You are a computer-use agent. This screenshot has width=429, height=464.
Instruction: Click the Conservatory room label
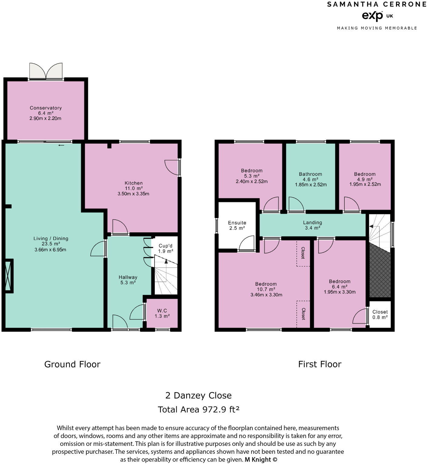coord(46,108)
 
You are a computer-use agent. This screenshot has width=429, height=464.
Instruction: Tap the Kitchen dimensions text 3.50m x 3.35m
coord(133,194)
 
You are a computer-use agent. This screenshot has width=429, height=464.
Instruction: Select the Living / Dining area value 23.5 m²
coord(51,244)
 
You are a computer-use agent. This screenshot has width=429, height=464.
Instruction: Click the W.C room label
coord(162,311)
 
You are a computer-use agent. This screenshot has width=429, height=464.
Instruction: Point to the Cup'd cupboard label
coord(165,246)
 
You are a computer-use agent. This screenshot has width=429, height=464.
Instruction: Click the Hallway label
coord(128,277)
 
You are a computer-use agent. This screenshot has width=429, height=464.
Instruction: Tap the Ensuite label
coord(237,223)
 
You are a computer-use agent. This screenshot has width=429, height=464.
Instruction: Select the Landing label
coord(312,223)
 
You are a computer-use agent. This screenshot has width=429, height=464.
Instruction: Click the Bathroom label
coord(310,174)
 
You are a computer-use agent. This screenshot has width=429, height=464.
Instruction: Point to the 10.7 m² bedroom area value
coord(266,289)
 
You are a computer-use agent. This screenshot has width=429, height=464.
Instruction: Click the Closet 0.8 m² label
coord(380,312)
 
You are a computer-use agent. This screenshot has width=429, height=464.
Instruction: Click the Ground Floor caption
coord(72,364)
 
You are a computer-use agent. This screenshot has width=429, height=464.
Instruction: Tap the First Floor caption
coord(320,364)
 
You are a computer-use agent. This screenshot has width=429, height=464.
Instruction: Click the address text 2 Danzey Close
coord(198,395)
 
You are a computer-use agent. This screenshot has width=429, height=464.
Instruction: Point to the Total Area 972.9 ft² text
coord(198,409)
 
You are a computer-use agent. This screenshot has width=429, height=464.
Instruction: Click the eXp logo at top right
coord(373,16)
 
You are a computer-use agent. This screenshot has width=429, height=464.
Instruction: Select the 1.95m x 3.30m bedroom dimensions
coord(339,292)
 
